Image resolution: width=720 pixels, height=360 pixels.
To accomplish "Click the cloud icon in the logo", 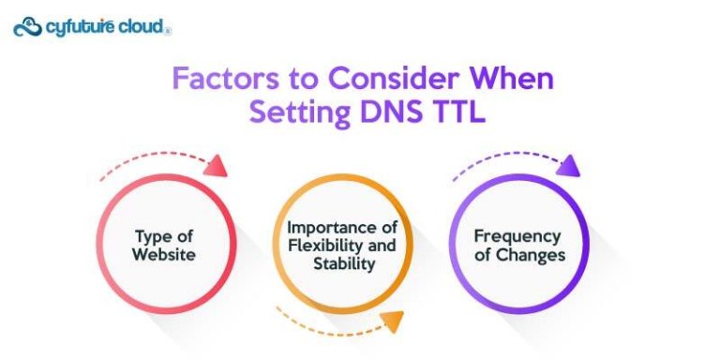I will point(27,27).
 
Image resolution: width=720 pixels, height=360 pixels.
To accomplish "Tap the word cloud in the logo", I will point(142,28).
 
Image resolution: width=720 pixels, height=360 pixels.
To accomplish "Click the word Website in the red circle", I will point(165,254).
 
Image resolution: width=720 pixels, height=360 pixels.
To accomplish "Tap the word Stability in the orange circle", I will point(343,263).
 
